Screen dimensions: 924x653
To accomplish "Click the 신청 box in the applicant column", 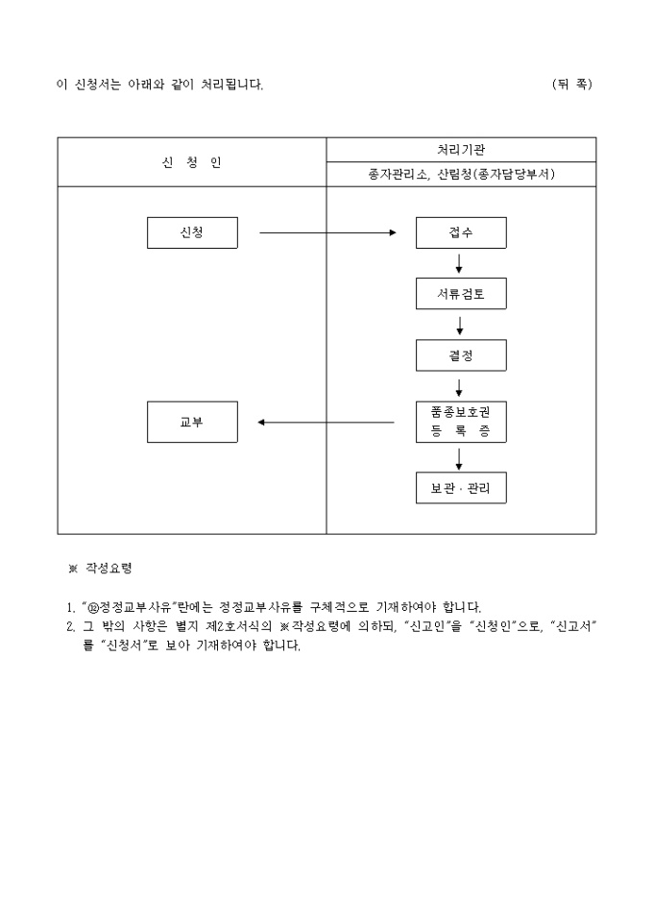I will pyautogui.click(x=192, y=233).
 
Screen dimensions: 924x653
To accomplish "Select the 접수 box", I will pyautogui.click(x=461, y=233).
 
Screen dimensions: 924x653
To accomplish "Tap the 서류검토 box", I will pyautogui.click(x=461, y=294).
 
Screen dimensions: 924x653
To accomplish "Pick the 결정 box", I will pyautogui.click(x=461, y=355).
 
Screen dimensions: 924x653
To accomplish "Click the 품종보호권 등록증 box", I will pyautogui.click(x=461, y=422).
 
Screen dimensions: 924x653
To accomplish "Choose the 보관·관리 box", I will pyautogui.click(x=461, y=488).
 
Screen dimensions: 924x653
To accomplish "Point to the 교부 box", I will pyautogui.click(x=192, y=422).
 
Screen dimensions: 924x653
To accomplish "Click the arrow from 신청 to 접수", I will pyautogui.click(x=327, y=233).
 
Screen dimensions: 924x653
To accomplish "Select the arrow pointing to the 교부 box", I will pyautogui.click(x=326, y=422).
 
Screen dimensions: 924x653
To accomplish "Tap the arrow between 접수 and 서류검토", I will pyautogui.click(x=460, y=263).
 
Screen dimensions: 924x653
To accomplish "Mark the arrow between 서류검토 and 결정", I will pyautogui.click(x=460, y=325).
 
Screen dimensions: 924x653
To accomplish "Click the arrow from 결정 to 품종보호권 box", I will pyautogui.click(x=460, y=387).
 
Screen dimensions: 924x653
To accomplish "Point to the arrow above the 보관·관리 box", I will pyautogui.click(x=460, y=457).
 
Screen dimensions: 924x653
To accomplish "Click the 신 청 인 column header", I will pyautogui.click(x=192, y=161).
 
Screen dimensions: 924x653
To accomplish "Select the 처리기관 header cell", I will pyautogui.click(x=461, y=150).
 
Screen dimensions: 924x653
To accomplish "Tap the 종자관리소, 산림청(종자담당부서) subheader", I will pyautogui.click(x=461, y=174).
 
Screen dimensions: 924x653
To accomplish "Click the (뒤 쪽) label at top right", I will pyautogui.click(x=572, y=85).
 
